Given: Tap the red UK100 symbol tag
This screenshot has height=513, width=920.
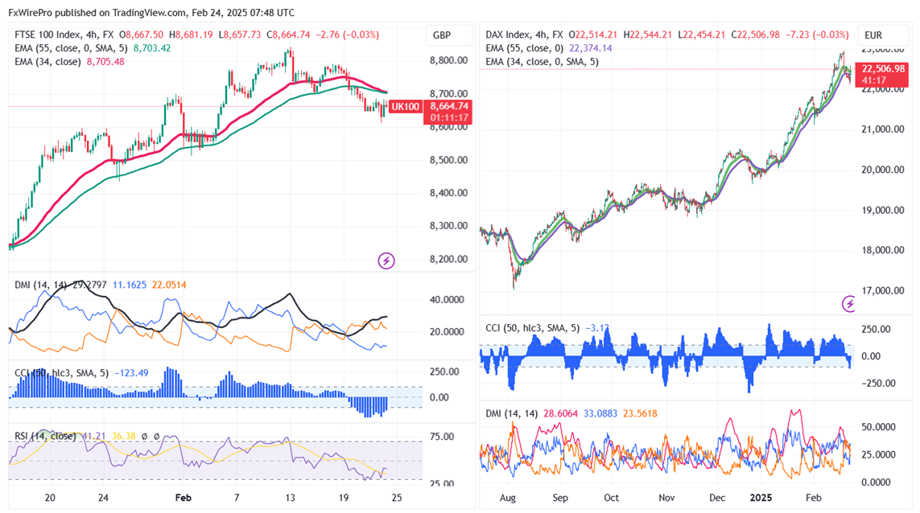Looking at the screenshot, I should tap(405, 106).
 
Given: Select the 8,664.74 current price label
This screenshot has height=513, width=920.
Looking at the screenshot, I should tap(449, 106).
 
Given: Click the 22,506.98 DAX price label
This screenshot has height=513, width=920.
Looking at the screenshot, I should tap(884, 68).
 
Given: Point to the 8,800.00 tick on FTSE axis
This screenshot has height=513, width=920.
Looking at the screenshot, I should tap(448, 60).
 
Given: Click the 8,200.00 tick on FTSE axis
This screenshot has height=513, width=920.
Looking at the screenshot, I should tap(448, 259).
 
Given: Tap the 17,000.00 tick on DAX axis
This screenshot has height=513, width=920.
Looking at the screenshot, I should tap(884, 291).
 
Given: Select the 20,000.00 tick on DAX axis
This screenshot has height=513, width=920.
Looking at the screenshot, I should tap(884, 170).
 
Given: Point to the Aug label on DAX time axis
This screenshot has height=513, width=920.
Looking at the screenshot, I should tap(509, 498).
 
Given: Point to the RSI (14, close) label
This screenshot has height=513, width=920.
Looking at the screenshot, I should tap(45, 436).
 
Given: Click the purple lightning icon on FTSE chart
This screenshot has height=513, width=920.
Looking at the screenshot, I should tap(386, 261).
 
